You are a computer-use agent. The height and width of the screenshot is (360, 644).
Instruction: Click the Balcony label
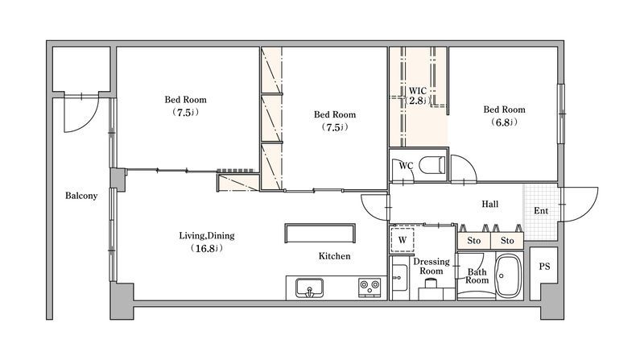pos(81,196)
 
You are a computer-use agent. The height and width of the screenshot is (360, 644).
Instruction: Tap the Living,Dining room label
pos(207,236)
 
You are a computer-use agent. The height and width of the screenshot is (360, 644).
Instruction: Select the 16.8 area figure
pos(207,248)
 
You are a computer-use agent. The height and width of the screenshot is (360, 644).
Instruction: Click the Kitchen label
pos(334,256)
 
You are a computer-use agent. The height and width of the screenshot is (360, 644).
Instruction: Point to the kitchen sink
pos(309,288)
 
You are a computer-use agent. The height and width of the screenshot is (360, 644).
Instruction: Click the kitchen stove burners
pos(369,287)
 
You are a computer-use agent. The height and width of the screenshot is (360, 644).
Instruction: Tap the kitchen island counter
pos(320,233)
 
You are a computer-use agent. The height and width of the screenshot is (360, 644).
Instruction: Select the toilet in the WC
pos(432,165)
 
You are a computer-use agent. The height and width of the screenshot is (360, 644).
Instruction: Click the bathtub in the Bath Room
pos(509,275)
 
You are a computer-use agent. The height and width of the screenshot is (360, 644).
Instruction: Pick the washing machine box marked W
pos(402,240)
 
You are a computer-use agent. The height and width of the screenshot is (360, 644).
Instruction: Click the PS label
pos(544,267)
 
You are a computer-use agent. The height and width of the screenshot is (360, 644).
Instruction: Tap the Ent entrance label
pos(541,211)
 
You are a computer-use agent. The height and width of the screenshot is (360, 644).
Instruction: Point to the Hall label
pos(490,204)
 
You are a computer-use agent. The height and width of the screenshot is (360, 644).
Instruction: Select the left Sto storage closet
pos(474,241)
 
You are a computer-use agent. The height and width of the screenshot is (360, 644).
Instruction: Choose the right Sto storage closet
pos(507,241)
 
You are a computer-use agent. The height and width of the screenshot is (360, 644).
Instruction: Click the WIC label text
pos(417,90)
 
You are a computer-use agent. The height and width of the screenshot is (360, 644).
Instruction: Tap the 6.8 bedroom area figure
pos(504,122)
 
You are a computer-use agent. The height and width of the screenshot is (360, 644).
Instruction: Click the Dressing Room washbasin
pos(398,277)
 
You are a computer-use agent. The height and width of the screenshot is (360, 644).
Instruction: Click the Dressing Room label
pos(431,267)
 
